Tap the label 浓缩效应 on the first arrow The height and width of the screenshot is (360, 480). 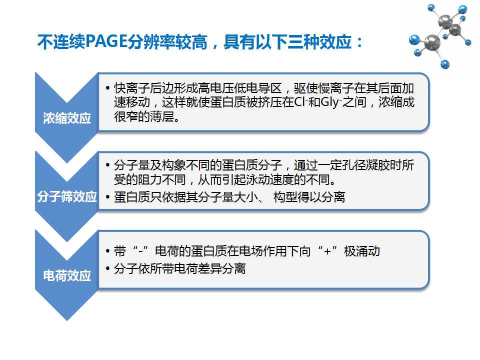[x=67, y=118]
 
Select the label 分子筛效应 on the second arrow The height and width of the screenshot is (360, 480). [x=67, y=196]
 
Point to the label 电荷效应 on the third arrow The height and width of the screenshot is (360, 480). [x=67, y=275]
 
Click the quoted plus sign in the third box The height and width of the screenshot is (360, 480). [x=327, y=251]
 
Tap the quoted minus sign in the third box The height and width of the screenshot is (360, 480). [x=141, y=251]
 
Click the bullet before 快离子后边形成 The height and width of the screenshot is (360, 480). [x=107, y=88]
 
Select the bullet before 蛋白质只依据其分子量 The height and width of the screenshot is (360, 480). [x=107, y=197]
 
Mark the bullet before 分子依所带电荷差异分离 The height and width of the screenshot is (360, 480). [x=107, y=269]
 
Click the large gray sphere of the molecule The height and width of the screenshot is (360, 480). [x=432, y=42]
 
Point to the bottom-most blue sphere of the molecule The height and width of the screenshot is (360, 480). [x=445, y=64]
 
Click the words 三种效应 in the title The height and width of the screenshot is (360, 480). [x=319, y=41]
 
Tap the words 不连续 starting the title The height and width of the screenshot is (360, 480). [x=61, y=41]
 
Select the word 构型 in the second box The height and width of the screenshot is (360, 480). [x=285, y=197]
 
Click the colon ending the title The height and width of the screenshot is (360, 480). [x=359, y=42]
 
